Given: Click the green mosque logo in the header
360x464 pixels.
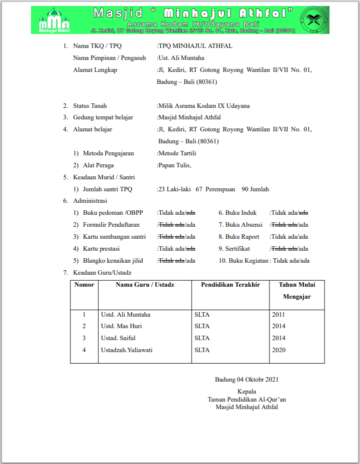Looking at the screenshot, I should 54,20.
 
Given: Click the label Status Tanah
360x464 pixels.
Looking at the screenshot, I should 89,106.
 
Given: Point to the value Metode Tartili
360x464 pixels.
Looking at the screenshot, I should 177,153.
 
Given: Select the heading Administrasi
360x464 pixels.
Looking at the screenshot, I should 90,201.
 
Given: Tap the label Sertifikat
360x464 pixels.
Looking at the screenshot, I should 237,249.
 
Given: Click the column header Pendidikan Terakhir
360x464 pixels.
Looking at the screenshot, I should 230,285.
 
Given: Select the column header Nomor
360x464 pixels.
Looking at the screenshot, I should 84,285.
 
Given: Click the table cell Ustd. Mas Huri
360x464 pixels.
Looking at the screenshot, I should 121,326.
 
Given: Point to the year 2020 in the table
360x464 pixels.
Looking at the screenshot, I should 278,350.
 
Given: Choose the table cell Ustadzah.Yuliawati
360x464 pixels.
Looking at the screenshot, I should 127,350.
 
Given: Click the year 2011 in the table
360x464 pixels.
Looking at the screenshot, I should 278,315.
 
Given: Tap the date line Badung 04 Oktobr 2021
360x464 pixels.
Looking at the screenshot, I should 246,380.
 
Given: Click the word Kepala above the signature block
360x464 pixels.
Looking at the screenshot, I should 246,392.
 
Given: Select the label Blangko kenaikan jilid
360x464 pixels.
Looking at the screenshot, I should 113,261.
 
